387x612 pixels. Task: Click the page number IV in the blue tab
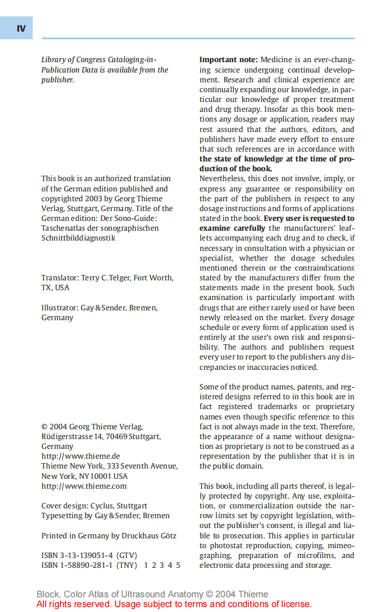click(21, 28)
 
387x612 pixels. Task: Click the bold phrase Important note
click(228, 60)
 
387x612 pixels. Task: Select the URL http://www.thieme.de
click(81, 456)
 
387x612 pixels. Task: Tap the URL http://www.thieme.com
click(84, 486)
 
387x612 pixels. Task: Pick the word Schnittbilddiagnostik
click(78, 238)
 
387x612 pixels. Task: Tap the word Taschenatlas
click(62, 228)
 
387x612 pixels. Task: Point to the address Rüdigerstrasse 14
click(72, 436)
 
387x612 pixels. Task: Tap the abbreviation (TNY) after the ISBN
click(127, 565)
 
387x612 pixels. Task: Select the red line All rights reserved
click(174, 604)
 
